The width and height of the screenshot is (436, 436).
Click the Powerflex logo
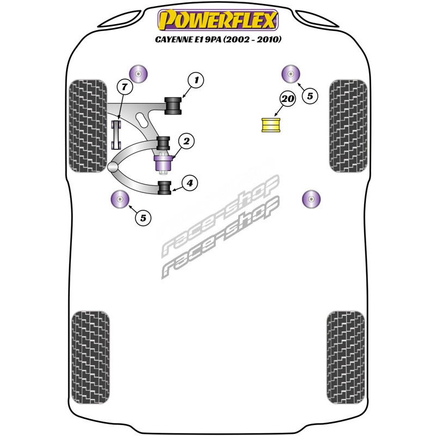(218, 20)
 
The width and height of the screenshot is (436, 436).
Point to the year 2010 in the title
(268, 39)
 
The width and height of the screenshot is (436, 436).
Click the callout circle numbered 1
(196, 81)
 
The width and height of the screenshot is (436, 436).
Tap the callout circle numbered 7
(125, 87)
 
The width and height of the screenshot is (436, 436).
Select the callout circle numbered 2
(186, 142)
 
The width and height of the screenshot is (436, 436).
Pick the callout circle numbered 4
(190, 183)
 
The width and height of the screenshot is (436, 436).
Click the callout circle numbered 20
(288, 99)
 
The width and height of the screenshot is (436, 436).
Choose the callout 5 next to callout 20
(310, 96)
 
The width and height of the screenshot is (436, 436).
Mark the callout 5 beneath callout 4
(143, 217)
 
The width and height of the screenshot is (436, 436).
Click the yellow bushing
(270, 125)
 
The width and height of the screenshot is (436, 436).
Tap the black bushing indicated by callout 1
(173, 106)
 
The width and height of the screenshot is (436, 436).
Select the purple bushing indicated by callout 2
(163, 163)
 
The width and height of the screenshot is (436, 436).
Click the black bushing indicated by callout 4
(165, 187)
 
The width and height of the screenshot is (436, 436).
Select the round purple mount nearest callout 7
(138, 74)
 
